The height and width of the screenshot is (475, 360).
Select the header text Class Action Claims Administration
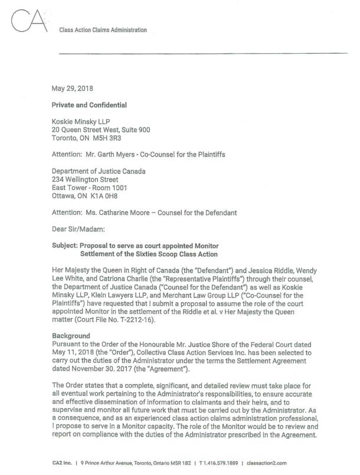tap(103, 30)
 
